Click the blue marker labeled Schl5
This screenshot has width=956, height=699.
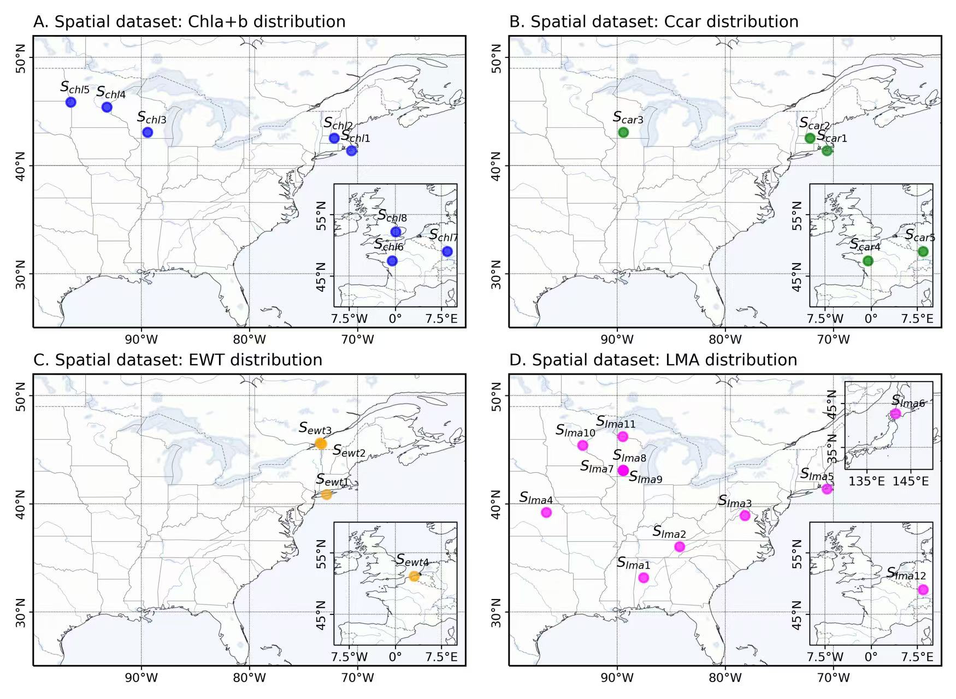(x=70, y=102)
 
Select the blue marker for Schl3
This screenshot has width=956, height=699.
(x=147, y=132)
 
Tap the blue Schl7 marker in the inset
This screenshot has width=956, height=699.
(x=447, y=251)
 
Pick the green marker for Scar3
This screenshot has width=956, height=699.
(x=623, y=132)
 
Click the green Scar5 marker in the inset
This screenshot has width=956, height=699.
(x=923, y=251)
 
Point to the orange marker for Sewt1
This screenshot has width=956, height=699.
(x=327, y=494)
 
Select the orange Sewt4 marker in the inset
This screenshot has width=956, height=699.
(x=414, y=576)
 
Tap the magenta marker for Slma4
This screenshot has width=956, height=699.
(x=546, y=512)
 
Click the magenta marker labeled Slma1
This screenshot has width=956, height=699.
(x=644, y=577)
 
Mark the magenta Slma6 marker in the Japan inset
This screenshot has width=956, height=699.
(x=895, y=413)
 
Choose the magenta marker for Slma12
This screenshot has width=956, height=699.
(x=923, y=589)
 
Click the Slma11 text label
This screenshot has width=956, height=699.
(x=616, y=422)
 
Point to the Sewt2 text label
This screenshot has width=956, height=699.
(x=349, y=452)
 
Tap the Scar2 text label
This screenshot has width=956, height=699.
(x=815, y=124)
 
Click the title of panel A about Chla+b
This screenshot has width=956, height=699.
(x=189, y=21)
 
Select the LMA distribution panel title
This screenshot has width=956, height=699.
(x=653, y=360)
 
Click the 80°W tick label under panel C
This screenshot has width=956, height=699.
(x=250, y=678)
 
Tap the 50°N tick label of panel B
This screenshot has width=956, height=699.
(x=495, y=57)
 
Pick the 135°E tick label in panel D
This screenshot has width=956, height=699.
(x=866, y=481)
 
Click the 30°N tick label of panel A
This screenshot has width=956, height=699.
(x=20, y=274)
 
